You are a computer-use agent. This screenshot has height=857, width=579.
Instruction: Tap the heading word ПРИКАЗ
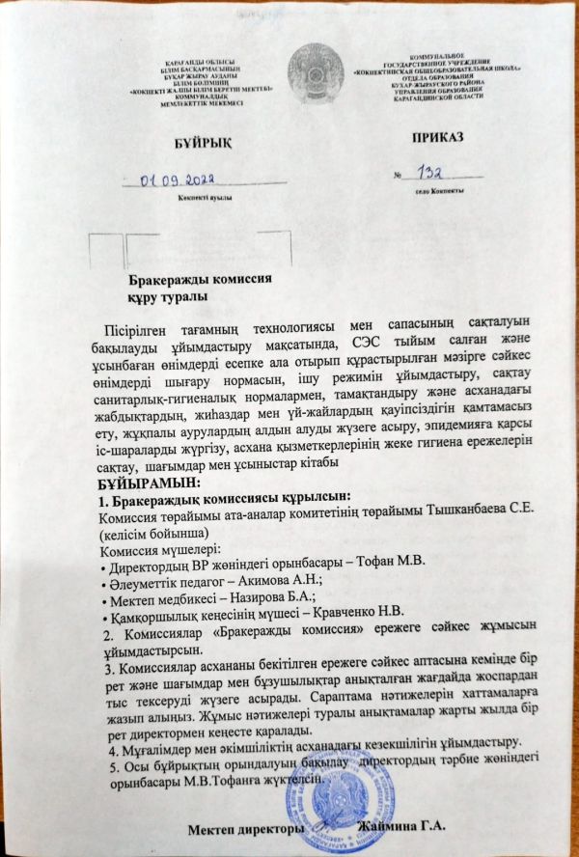pos(437,138)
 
